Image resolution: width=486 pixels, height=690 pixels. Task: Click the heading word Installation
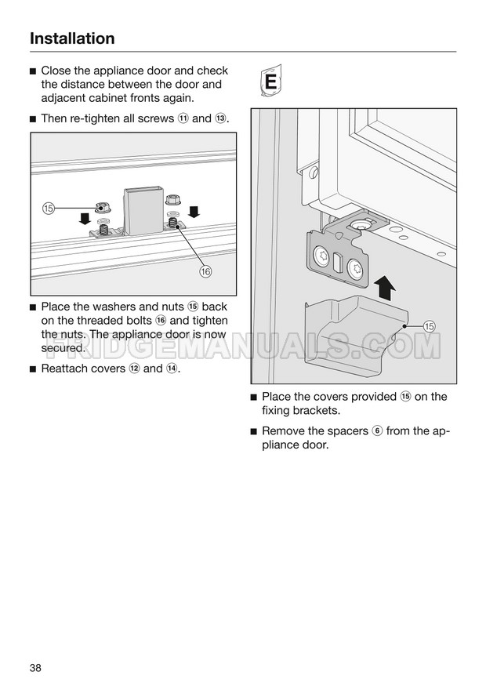pos(72,38)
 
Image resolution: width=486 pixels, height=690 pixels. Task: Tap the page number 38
pos(36,667)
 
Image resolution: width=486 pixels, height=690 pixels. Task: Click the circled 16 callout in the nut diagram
pos(206,271)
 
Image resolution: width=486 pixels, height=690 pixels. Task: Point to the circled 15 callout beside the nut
pos(49,208)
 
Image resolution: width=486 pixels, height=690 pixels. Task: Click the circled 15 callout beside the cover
pos(430,325)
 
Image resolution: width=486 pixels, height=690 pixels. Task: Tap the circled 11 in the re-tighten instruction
pos(183,119)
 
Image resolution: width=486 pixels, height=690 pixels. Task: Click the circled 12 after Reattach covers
pos(132,369)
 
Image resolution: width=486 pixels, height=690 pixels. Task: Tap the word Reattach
pos(66,369)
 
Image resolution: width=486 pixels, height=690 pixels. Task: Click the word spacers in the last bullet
pos(347,431)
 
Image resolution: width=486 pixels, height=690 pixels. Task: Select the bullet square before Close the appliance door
pos(33,71)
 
